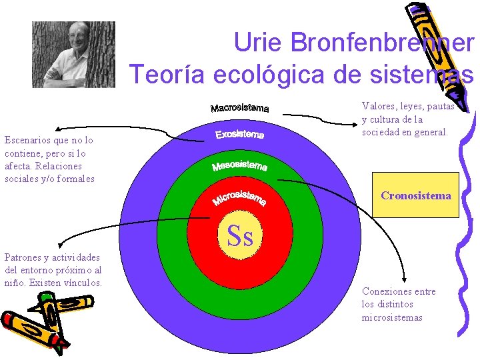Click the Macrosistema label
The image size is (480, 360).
coord(239,108)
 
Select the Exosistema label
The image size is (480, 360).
coord(239,135)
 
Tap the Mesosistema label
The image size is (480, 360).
coord(239,165)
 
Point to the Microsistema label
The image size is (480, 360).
coord(239,198)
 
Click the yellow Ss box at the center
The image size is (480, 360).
coord(239,235)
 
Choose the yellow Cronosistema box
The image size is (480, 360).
coord(415,195)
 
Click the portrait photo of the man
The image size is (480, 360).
coord(73,54)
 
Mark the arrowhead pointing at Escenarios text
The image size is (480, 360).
coord(59,129)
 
